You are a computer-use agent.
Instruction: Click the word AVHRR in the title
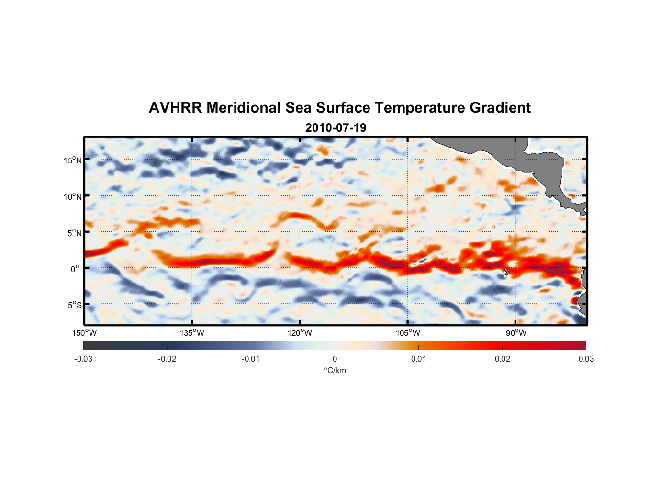pos(175,108)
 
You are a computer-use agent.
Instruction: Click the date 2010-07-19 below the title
pos(336,128)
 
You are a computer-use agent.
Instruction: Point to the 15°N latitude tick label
pos(73,160)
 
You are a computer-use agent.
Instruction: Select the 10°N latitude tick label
pos(73,196)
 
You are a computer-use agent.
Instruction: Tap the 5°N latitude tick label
pos(74,233)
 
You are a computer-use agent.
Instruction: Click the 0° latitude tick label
pos(75,269)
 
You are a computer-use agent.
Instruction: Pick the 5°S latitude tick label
pos(74,305)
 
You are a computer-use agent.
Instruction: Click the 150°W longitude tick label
pos(84,333)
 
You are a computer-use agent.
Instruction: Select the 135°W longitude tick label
pos(192,333)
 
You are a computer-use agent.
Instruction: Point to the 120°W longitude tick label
pos(300,333)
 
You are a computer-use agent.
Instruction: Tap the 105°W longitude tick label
pos(408,333)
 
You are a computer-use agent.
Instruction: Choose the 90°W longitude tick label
pos(515,333)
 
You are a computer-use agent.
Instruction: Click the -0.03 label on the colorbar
pos(83,359)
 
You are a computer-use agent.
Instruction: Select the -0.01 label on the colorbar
pos(251,359)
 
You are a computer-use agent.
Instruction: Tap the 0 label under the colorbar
pos(335,359)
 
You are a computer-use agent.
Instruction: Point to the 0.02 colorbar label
pos(503,359)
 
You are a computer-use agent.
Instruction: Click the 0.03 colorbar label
pos(586,359)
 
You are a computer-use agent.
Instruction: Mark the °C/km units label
pos(335,370)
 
